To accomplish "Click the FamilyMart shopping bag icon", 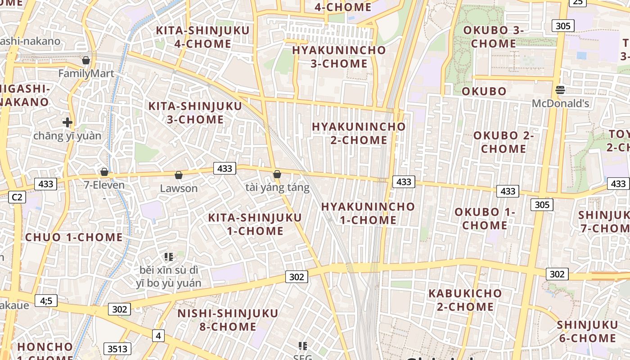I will [x=86, y=60].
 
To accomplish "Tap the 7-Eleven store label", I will [x=104, y=185].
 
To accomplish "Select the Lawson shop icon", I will [x=179, y=175].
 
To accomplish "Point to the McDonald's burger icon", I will [x=560, y=90].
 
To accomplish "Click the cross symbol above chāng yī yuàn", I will [x=67, y=122].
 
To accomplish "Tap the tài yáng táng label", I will [x=278, y=187].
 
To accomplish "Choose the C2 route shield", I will [x=17, y=197].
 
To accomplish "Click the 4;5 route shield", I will [x=46, y=300].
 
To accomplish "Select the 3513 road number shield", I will [x=117, y=348].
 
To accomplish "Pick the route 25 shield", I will [x=578, y=2].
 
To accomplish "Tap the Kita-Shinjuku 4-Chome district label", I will [x=202, y=37].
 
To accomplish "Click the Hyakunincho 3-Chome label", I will [x=339, y=57].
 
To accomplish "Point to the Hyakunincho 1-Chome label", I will [x=368, y=213].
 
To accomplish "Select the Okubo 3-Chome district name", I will [x=493, y=37].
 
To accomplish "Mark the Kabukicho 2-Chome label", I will [x=465, y=300].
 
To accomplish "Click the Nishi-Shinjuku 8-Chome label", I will [x=228, y=319].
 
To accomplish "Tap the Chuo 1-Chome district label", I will [x=74, y=237].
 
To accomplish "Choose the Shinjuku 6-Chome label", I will [x=587, y=331].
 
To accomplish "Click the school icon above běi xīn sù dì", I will [x=169, y=257].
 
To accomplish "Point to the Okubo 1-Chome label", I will [x=485, y=218].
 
